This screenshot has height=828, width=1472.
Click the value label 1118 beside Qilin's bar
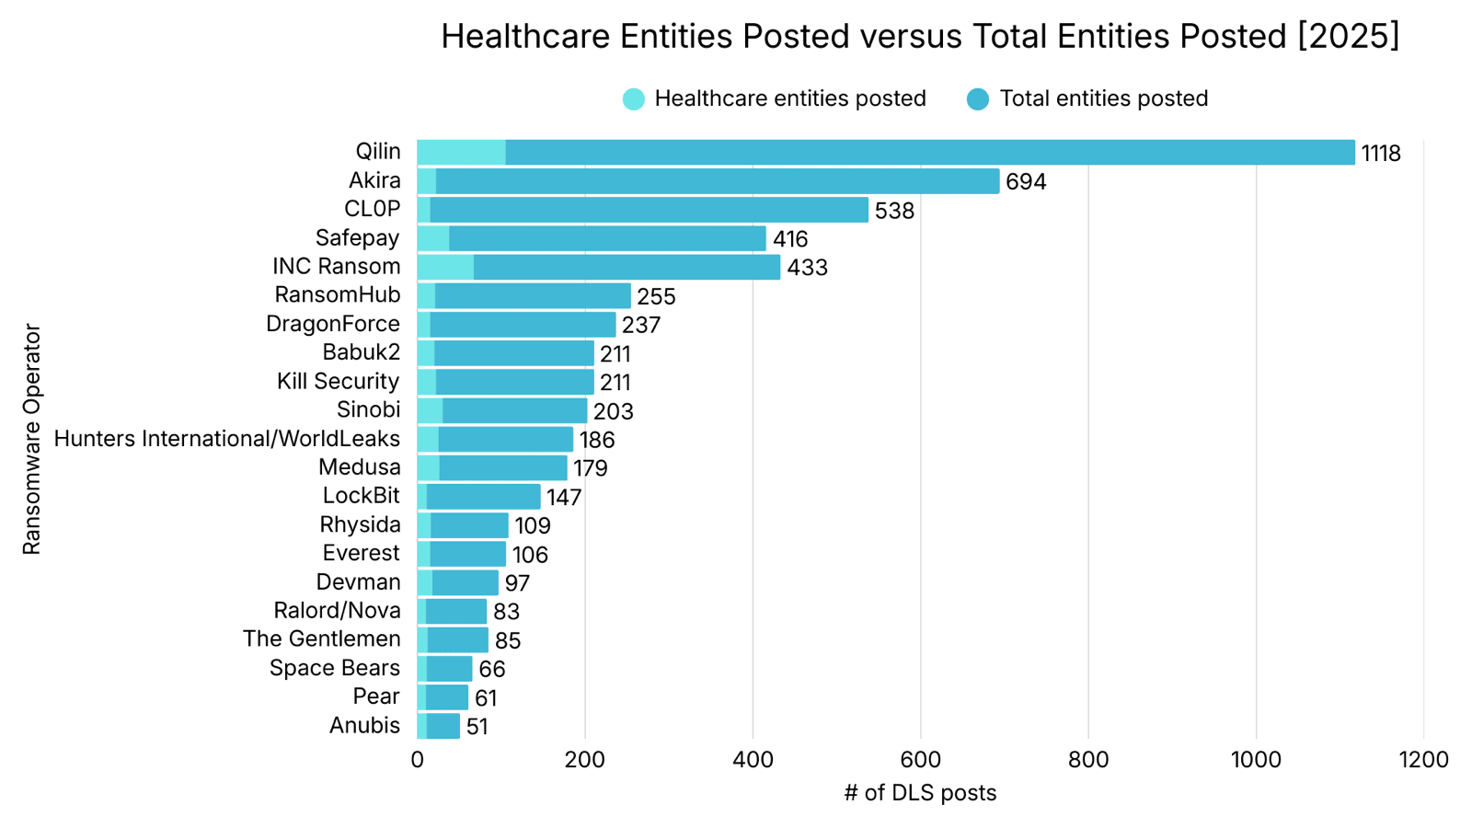(x=1380, y=154)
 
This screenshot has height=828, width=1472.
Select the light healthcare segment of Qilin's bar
(x=461, y=153)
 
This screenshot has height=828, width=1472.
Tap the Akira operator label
(x=374, y=180)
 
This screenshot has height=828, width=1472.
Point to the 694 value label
(x=1025, y=182)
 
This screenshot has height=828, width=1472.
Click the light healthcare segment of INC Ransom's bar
(x=445, y=268)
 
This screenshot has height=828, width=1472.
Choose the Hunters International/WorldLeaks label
(x=227, y=439)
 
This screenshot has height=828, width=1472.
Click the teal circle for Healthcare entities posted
(x=634, y=99)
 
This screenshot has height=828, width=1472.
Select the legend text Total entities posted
(x=1103, y=98)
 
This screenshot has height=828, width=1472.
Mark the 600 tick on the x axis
(x=920, y=760)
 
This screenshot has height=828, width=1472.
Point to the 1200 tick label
(x=1422, y=760)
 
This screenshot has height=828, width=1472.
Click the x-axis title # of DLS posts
(x=920, y=793)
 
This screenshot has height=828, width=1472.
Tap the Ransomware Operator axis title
(x=32, y=439)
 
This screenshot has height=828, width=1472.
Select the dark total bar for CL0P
(x=649, y=210)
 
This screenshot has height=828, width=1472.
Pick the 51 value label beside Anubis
(x=477, y=727)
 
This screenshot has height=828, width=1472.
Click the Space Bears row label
(x=335, y=668)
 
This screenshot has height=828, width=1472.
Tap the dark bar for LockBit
(x=483, y=497)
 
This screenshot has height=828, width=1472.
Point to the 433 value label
(x=807, y=268)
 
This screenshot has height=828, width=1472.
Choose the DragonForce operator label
(x=333, y=324)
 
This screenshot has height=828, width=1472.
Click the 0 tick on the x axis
(x=418, y=760)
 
